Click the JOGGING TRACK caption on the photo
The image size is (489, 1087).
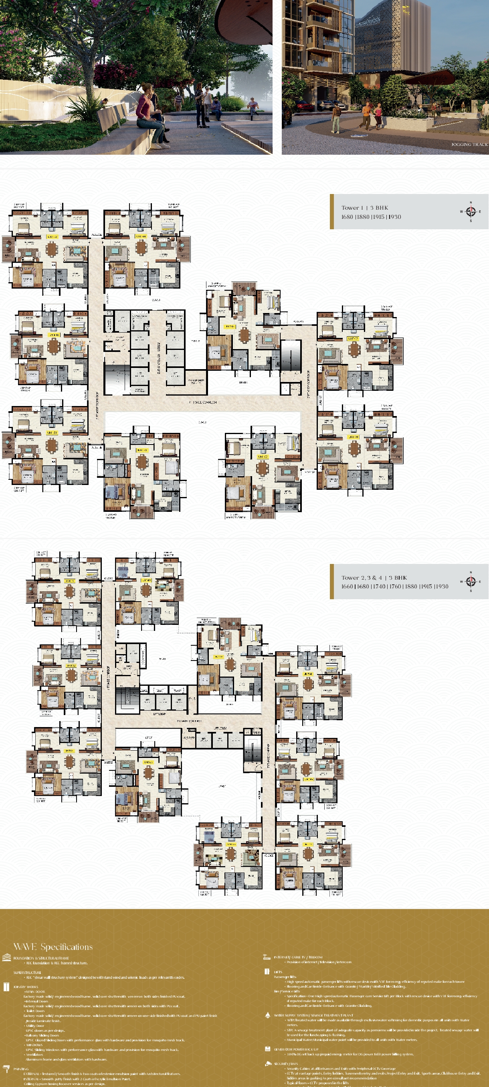pyautogui.click(x=469, y=144)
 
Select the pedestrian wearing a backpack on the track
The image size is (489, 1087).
pyautogui.click(x=336, y=118)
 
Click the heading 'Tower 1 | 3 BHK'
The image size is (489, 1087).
pyautogui.click(x=364, y=208)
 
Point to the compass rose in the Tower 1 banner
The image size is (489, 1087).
pyautogui.click(x=471, y=211)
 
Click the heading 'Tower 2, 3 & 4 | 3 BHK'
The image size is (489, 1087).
pyautogui.click(x=374, y=578)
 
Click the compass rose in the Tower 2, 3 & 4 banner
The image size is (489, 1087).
pyautogui.click(x=471, y=582)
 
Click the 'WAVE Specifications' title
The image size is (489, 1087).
pyautogui.click(x=53, y=946)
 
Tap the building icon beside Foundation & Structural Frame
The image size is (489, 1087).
pyautogui.click(x=6, y=958)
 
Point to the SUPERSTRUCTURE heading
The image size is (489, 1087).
pyautogui.click(x=27, y=972)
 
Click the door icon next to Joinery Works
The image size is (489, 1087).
pyautogui.click(x=6, y=986)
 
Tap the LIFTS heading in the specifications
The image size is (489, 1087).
pyautogui.click(x=278, y=972)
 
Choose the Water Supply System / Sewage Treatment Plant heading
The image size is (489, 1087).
pyautogui.click(x=313, y=1015)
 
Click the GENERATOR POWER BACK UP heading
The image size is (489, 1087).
pyautogui.click(x=296, y=1049)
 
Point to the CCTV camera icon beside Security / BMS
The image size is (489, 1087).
pyautogui.click(x=267, y=1064)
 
